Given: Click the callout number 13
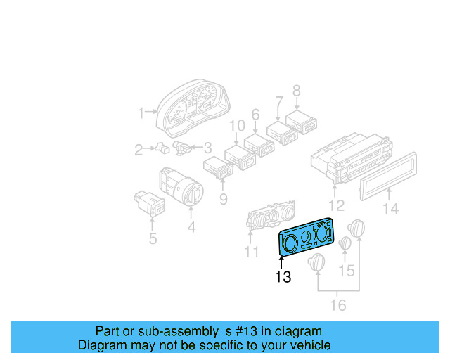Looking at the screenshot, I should (x=283, y=277).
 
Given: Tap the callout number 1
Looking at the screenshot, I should (x=141, y=112).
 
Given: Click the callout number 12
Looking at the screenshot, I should (x=337, y=205).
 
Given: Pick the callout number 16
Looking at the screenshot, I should (x=338, y=304).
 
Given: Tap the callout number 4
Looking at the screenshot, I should (x=191, y=227).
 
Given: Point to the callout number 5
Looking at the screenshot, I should (x=153, y=238).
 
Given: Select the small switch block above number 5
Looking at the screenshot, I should (x=149, y=202).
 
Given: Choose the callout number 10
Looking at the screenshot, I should (x=238, y=127).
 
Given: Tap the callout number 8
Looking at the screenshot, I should (x=296, y=90).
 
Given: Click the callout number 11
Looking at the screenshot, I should (x=252, y=251).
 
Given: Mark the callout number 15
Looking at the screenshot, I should (x=347, y=270).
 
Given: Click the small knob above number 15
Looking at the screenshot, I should (x=345, y=244).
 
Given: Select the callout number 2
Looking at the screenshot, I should (x=139, y=149).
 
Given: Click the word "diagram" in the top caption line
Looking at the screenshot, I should (x=300, y=331).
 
